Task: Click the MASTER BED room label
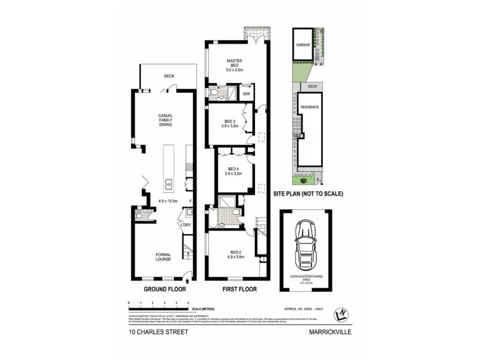coord(233,62)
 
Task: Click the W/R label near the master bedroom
coord(247,94)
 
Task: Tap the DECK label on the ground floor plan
coord(169,76)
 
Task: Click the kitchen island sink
coord(169,184)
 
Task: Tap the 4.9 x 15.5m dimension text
coord(169,201)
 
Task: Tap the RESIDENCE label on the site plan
coord(310,107)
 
